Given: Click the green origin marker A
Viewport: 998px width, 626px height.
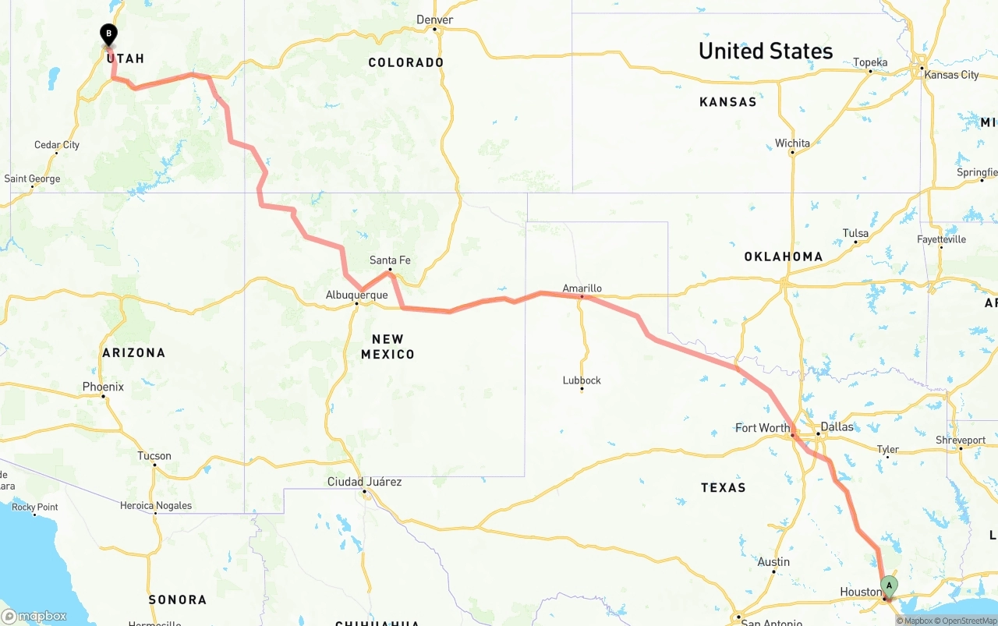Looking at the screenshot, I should point(889,585).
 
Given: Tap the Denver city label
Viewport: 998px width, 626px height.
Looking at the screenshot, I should point(435,19).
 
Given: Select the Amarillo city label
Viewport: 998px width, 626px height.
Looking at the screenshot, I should point(582,288).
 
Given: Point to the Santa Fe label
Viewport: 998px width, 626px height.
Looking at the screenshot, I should point(390,260).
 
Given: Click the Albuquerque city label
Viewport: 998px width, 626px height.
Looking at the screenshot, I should point(356,295).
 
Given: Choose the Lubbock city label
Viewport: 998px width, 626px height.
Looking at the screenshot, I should point(582,380).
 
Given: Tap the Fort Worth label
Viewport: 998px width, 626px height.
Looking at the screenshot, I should point(763,427).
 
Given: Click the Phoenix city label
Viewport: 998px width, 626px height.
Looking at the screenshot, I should point(103,387).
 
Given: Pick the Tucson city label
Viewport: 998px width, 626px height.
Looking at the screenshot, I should point(154,455).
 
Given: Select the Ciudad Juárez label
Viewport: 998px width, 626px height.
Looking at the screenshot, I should point(364,482).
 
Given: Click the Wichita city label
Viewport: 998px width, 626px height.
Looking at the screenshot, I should point(792,143).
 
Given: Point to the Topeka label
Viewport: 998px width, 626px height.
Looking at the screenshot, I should point(870,62).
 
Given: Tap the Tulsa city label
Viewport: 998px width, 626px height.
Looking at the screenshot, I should point(855,233).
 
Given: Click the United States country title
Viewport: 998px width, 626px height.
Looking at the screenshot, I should point(766,51).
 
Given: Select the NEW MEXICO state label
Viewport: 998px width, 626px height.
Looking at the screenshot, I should point(388,346).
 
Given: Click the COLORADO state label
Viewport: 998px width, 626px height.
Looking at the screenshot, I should point(405,62).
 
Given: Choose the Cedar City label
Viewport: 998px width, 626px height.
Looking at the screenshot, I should point(57,144).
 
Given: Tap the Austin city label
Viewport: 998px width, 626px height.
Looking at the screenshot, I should point(773,561).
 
